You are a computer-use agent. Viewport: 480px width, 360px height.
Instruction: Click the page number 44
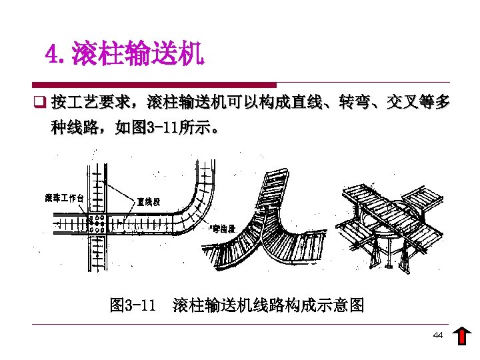pyautogui.click(x=437, y=335)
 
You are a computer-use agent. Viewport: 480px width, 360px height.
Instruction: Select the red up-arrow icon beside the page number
pyautogui.click(x=461, y=337)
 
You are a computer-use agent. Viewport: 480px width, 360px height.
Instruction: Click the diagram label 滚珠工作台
pyautogui.click(x=64, y=197)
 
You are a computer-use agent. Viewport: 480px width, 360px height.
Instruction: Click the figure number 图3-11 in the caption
pyautogui.click(x=133, y=305)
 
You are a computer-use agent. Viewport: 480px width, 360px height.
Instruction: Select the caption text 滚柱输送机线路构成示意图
pyautogui.click(x=268, y=305)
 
